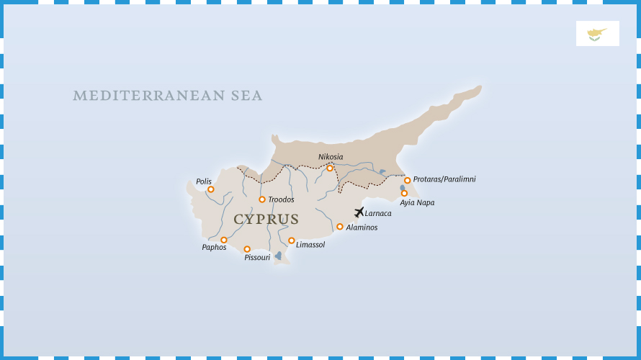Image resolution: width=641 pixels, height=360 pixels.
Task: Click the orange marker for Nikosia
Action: [330, 168]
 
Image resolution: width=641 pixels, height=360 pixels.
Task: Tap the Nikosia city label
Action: [331, 157]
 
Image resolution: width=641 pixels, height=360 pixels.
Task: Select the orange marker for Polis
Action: [211, 189]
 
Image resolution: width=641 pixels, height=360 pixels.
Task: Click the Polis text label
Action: [204, 181]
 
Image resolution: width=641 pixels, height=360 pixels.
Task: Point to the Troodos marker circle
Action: [262, 199]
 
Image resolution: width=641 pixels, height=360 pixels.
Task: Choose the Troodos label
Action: [281, 199]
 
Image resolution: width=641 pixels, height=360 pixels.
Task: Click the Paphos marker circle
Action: [224, 240]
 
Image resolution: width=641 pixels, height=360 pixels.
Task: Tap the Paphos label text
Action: [214, 248]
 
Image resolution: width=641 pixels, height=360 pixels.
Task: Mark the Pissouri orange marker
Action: [247, 249]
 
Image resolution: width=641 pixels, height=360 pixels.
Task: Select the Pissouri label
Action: [257, 258]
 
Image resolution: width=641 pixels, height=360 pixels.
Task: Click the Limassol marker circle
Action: [292, 240]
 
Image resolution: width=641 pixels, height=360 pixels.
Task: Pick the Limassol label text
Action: [310, 245]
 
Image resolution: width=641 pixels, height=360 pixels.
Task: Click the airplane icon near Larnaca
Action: [359, 212]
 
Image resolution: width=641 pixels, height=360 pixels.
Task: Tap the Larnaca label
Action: [378, 214]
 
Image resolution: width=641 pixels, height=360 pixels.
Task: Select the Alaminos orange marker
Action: [340, 227]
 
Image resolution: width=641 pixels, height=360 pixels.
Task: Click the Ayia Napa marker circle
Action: [404, 193]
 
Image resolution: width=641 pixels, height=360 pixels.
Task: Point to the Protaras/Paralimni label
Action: [444, 179]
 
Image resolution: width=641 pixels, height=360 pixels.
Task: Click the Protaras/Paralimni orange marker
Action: [407, 181]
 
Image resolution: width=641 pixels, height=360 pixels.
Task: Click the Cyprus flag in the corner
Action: [597, 33]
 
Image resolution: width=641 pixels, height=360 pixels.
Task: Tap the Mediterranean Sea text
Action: [168, 96]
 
